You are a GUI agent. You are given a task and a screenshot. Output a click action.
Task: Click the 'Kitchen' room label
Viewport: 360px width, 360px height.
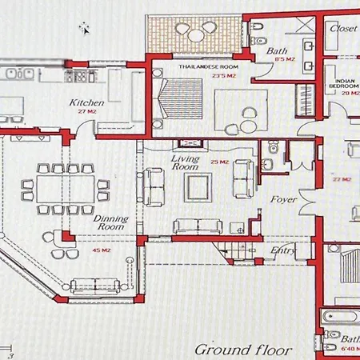point(86,102)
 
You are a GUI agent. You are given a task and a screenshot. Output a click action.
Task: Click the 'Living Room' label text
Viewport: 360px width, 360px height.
point(186,163)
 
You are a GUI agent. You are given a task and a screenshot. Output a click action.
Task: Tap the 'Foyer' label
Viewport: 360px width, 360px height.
point(283,199)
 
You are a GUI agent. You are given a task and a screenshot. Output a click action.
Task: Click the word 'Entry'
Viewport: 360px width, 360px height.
point(283,250)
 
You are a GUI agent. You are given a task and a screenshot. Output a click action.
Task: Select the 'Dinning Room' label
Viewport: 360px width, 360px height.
point(110,222)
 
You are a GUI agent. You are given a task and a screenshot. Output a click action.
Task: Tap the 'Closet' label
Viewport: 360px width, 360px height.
point(345,28)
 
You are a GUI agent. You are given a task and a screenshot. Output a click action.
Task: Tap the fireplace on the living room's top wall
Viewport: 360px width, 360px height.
point(192,142)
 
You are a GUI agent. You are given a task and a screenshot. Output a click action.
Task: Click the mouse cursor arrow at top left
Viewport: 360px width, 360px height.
point(84,28)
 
